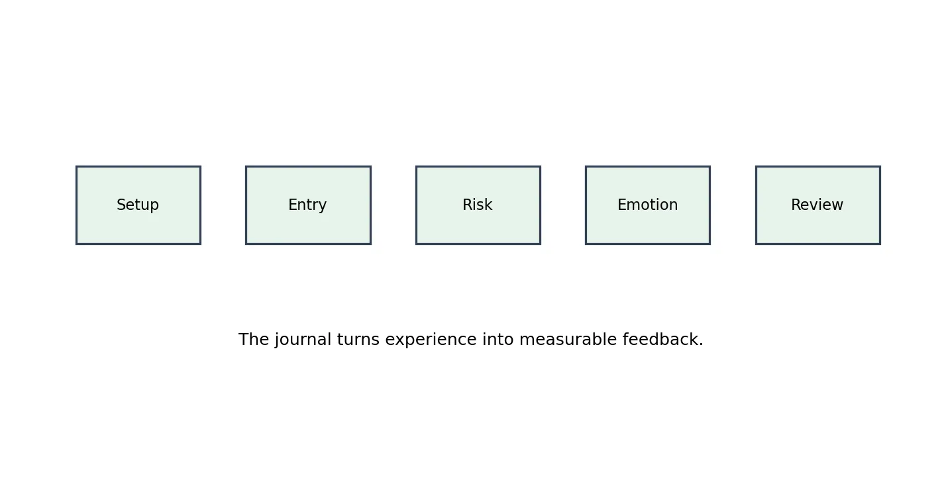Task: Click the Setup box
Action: pos(138,205)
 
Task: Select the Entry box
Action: pos(308,205)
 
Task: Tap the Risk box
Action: pos(478,205)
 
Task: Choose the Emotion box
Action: pos(648,205)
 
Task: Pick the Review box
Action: pos(818,205)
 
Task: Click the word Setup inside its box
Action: pos(138,205)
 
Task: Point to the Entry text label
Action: pos(307,205)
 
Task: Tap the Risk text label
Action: pos(478,205)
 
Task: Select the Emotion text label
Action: pos(648,205)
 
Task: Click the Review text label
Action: pos(817,205)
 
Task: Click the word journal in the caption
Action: pos(303,340)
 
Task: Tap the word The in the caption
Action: pos(254,339)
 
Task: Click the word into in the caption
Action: pos(498,339)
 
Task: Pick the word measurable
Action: pos(568,339)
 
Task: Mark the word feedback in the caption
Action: pos(660,339)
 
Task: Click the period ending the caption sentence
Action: pos(701,345)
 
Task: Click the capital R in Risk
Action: pos(468,205)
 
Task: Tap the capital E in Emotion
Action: pos(622,205)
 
